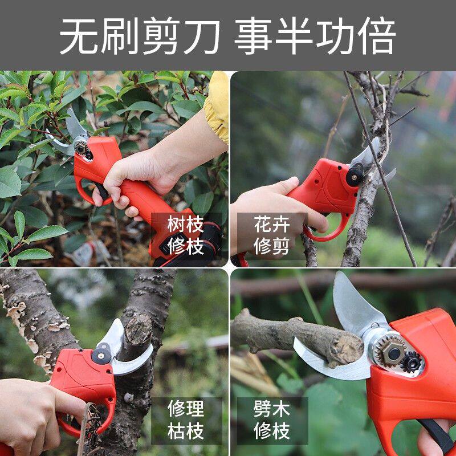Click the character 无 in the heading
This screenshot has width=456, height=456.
[x=79, y=36]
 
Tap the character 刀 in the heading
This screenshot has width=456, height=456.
[x=201, y=36]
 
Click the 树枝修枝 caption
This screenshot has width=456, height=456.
[x=186, y=235]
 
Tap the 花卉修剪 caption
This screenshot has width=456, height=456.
[x=272, y=235]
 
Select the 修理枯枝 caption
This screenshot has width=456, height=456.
[x=186, y=420]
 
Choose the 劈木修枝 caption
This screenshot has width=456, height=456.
[x=272, y=420]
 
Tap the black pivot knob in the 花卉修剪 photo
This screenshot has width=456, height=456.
[x=355, y=177]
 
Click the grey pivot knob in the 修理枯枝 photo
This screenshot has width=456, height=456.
[x=101, y=354]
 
